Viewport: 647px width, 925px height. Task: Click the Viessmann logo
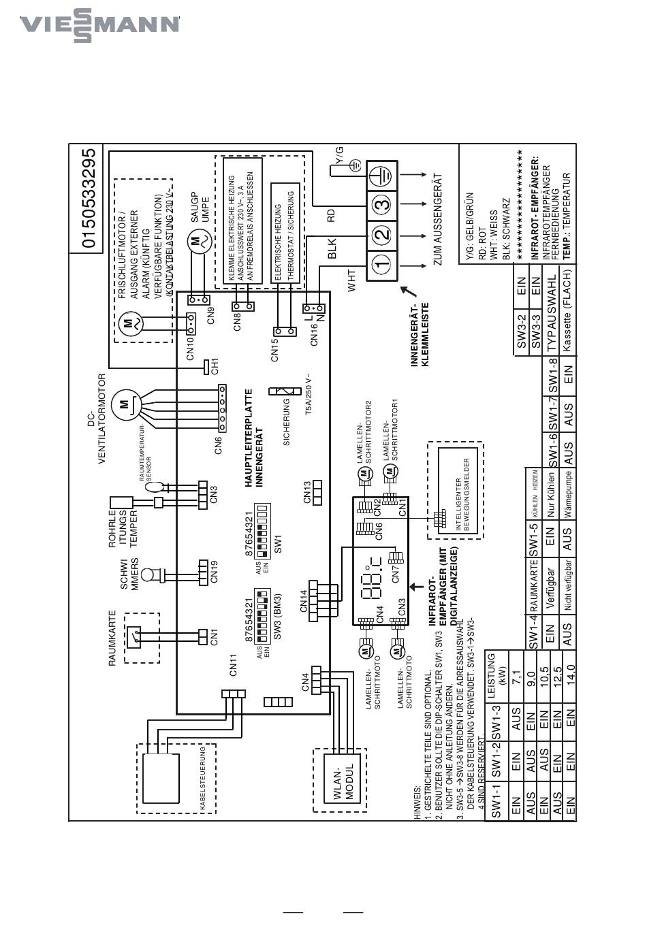pos(99,25)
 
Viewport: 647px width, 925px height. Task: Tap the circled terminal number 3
pos(383,204)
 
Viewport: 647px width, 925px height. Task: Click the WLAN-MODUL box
pos(340,782)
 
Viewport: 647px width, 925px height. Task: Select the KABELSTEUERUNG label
pos(202,778)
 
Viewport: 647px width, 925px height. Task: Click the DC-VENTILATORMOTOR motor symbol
pos(125,404)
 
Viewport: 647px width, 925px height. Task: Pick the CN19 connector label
pos(215,571)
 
